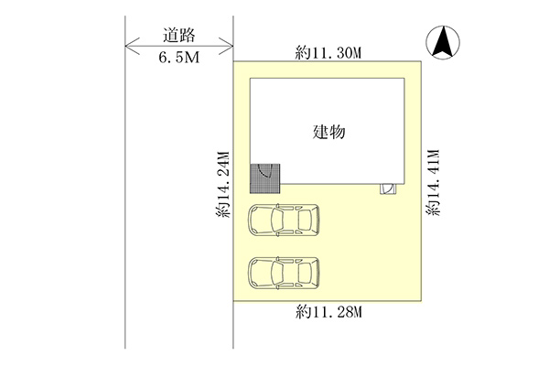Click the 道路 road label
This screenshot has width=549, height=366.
tap(178, 36)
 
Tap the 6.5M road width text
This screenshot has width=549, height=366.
tap(179, 57)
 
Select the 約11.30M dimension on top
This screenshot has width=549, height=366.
tap(328, 53)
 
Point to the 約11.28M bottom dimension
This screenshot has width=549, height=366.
tap(328, 311)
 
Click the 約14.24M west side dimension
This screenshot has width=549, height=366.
tap(222, 184)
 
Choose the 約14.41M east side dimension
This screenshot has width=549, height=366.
tap(433, 182)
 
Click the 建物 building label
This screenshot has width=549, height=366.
tap(328, 132)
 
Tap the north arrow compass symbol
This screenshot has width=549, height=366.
tap(443, 42)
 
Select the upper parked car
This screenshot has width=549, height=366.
tap(284, 220)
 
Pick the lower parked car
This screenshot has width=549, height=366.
tap(284, 274)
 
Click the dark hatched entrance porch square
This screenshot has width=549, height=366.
tap(265, 178)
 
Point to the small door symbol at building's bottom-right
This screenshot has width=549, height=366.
tap(389, 188)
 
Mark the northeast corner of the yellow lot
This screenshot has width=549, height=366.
tap(421, 61)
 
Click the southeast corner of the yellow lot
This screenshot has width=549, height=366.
tap(421, 301)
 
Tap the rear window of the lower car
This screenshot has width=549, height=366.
tap(305, 274)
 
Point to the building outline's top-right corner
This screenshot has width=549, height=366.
tap(404, 79)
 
